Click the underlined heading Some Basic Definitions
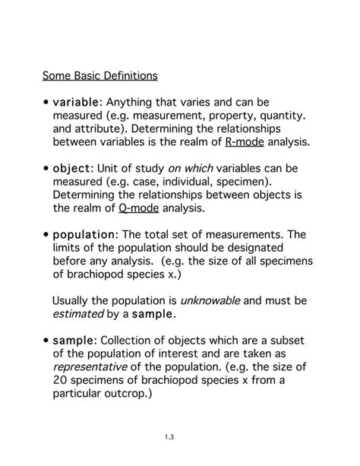pos(100,76)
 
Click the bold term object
pos(71,168)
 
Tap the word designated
pos(269,247)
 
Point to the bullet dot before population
pos(46,235)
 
